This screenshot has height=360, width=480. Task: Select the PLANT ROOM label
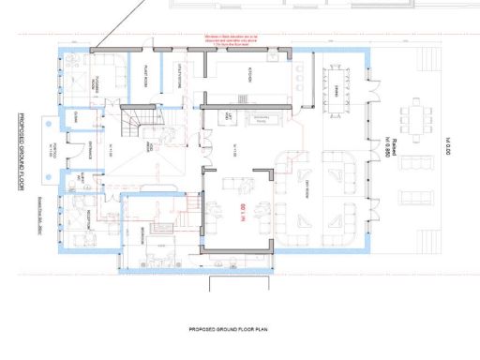click(x=146, y=78)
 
